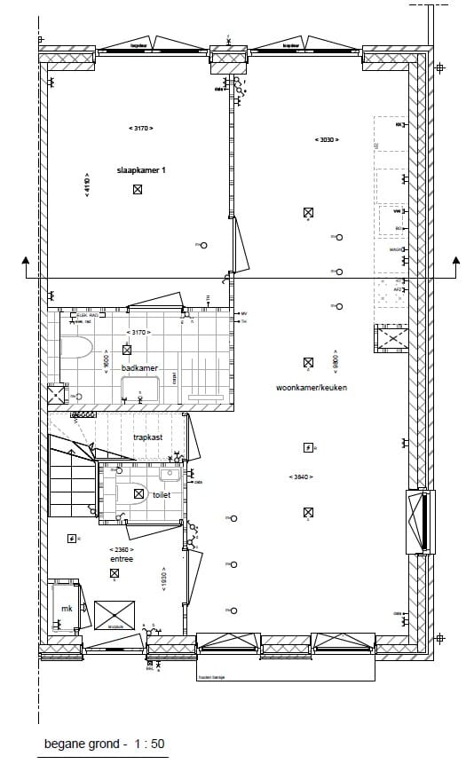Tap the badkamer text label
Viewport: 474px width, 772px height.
(x=139, y=366)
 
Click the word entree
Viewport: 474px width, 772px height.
(x=121, y=559)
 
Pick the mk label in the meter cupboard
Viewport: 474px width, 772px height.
(x=66, y=608)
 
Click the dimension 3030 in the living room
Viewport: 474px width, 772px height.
(x=326, y=139)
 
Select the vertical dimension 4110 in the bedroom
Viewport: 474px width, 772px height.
(x=87, y=184)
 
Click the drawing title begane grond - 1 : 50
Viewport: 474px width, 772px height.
(x=105, y=744)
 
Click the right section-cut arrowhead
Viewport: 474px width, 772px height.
(x=456, y=260)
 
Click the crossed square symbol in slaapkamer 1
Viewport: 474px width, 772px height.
(x=138, y=189)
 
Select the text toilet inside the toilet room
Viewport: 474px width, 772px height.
(x=161, y=495)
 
